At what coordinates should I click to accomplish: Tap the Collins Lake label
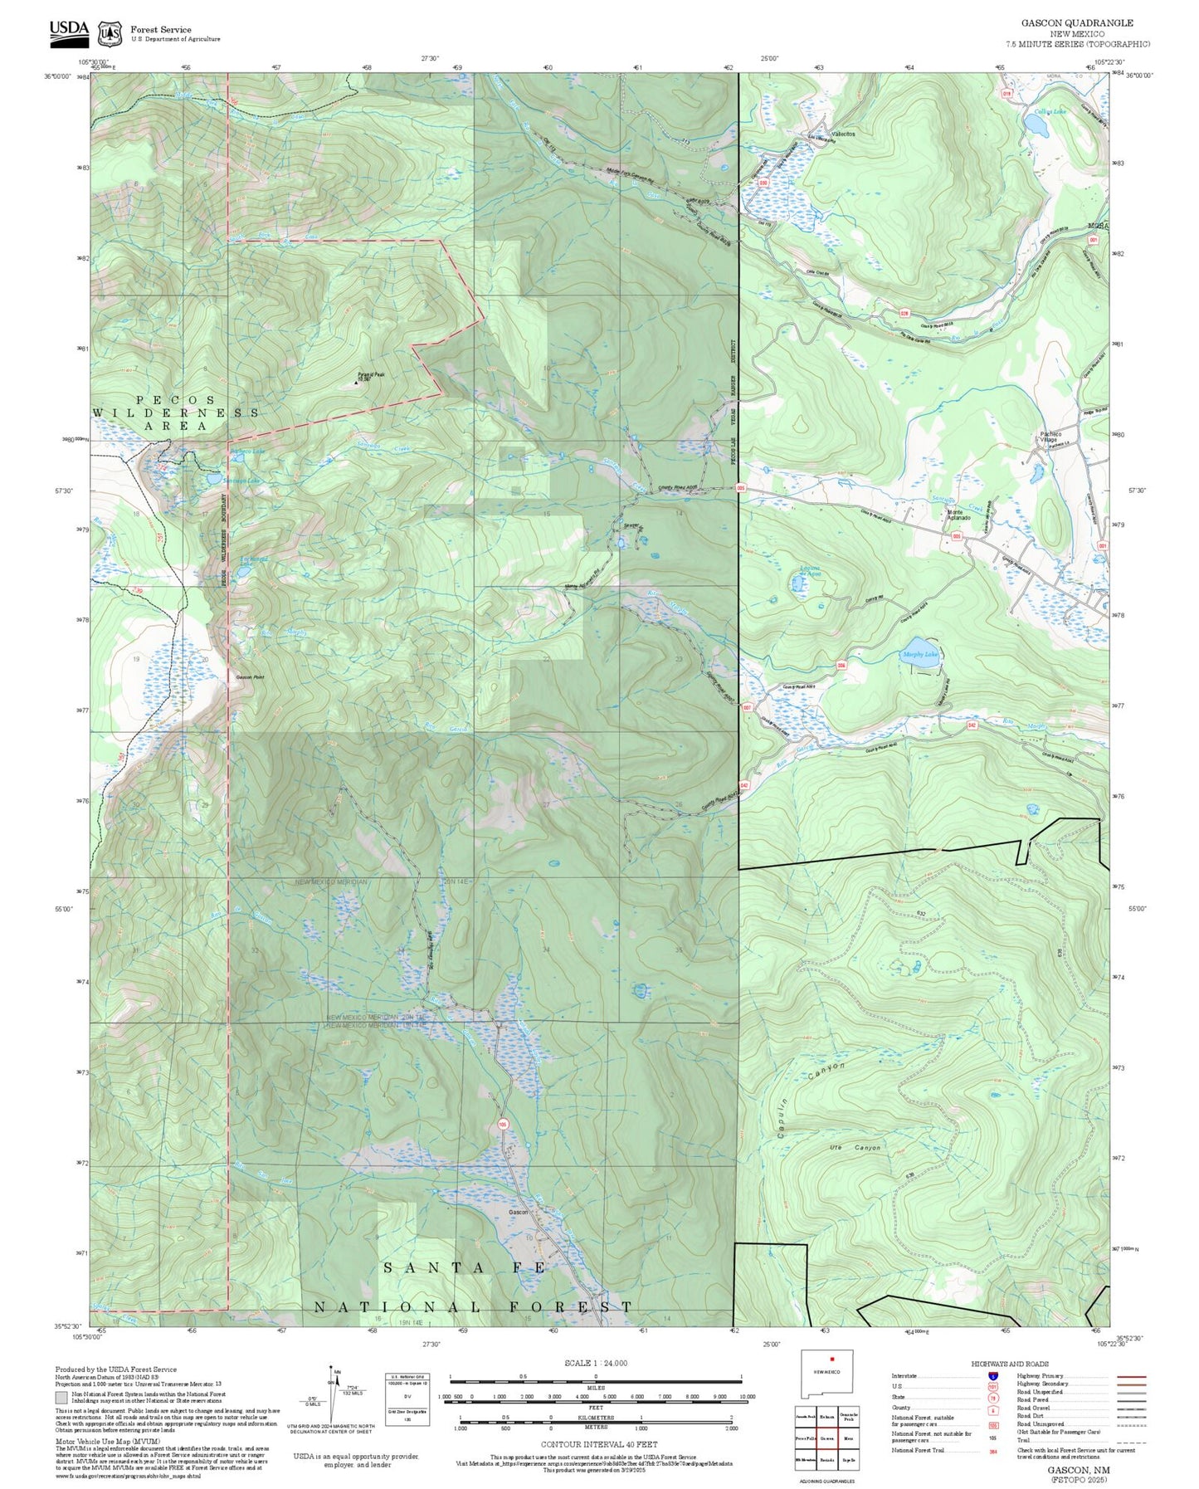1050,111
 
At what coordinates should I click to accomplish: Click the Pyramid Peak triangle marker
357,383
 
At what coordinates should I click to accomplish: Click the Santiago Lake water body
214,480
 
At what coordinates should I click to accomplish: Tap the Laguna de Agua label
810,571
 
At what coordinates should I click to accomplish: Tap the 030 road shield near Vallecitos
762,182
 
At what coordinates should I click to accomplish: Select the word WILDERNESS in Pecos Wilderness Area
176,413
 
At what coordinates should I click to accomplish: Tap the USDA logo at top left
68,30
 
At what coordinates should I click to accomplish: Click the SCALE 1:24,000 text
595,1363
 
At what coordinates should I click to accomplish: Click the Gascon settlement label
518,1213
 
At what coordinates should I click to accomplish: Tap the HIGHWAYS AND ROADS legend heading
1009,1364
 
